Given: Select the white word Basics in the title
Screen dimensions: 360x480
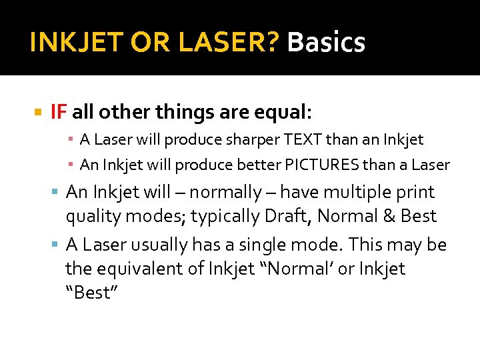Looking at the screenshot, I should [326, 43].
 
